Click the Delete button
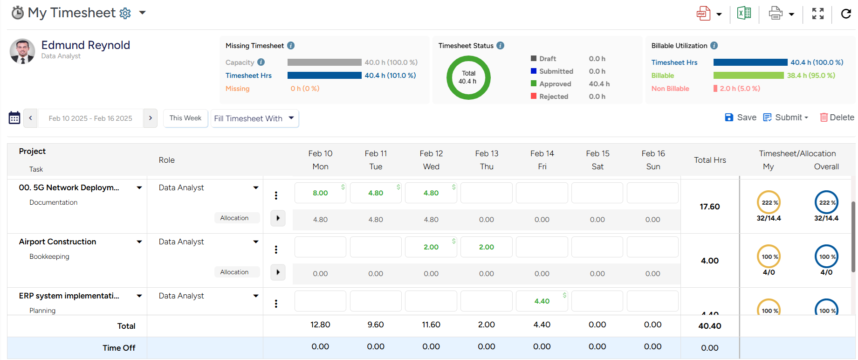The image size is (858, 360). pos(837,118)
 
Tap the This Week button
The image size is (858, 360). pos(185,118)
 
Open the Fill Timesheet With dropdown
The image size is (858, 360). pos(254,118)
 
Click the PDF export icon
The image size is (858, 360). pos(703,14)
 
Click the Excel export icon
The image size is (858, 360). pos(744,14)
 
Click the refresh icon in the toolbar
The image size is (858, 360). pos(846,14)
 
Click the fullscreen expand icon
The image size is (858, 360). pos(817,14)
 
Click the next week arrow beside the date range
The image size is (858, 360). pos(151,118)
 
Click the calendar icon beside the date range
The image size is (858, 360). pos(14,118)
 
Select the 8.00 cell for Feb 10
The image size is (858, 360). pos(320,193)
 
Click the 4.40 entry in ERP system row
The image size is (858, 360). pos(542,301)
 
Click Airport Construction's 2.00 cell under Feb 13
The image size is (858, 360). pos(486,247)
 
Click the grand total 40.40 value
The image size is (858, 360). pos(709,326)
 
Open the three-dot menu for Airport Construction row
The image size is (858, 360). pos(276,249)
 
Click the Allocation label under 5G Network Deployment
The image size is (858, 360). pos(234,218)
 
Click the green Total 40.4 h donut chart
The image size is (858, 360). pos(468,77)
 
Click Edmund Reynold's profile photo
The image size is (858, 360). pos(22,51)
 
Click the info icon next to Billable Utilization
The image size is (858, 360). pos(714,46)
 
